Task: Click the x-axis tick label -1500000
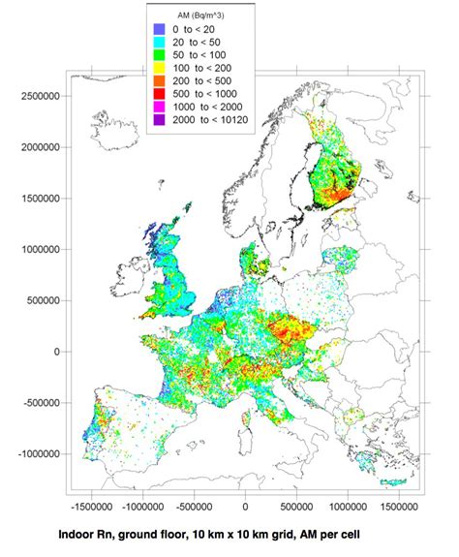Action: (x=92, y=505)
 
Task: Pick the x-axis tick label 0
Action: (x=245, y=505)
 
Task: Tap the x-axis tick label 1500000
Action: (x=398, y=505)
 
